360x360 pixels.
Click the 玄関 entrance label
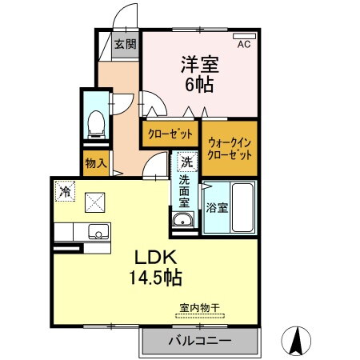[124, 44]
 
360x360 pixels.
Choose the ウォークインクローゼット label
[229, 146]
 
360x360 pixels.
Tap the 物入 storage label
[95, 163]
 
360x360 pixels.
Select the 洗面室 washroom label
[186, 190]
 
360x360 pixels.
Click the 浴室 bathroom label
[217, 206]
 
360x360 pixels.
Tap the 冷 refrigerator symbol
[65, 192]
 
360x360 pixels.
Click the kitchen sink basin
[98, 233]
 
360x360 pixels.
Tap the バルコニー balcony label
[199, 342]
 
